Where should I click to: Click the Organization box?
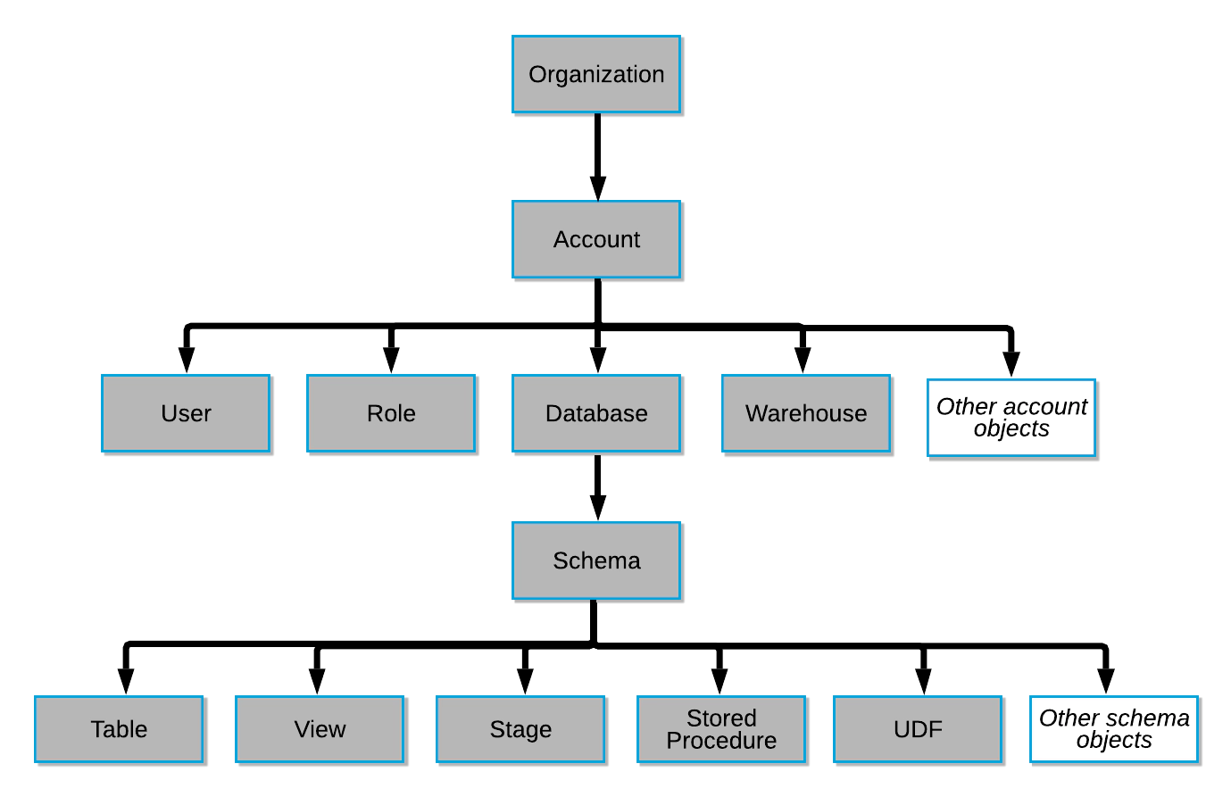(x=595, y=73)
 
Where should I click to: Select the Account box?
(x=595, y=239)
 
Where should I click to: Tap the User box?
(x=186, y=413)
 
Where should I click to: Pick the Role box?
(x=391, y=413)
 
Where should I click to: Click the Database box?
(x=595, y=413)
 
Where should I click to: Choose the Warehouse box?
(x=805, y=413)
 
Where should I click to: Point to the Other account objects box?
(x=1011, y=418)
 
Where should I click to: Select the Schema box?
(x=595, y=560)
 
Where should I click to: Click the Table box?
(x=119, y=729)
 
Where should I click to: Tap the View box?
(x=320, y=729)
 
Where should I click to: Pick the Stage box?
(x=520, y=729)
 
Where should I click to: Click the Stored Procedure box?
(x=720, y=729)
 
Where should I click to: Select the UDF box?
(x=917, y=729)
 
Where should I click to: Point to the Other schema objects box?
(x=1113, y=729)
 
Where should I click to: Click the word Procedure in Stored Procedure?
(x=721, y=741)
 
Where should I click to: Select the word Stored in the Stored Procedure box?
(x=721, y=718)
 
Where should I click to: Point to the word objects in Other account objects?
(x=1011, y=428)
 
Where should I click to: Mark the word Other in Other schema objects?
(x=1068, y=718)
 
